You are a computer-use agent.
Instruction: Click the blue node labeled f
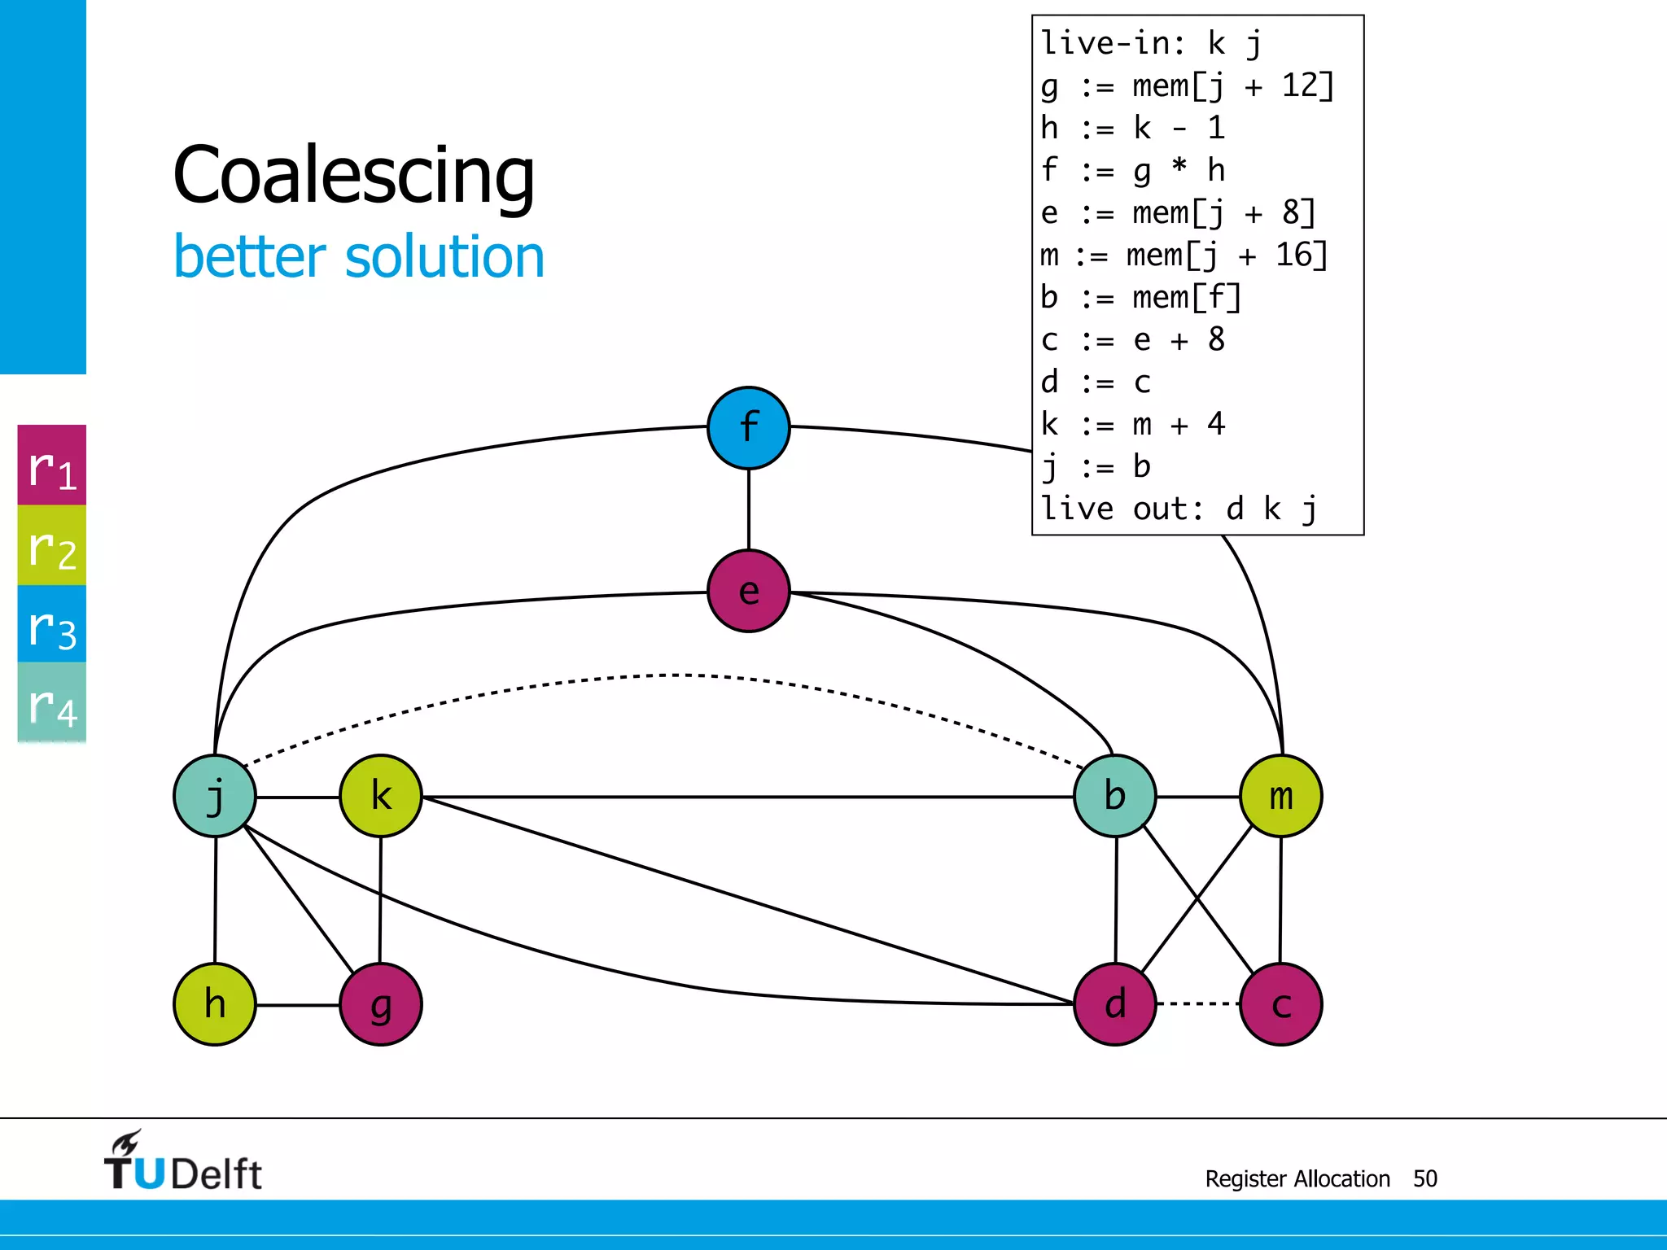coord(748,428)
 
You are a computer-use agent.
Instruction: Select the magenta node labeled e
coord(748,591)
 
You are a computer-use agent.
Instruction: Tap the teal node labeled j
coord(215,796)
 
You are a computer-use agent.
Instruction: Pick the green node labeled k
coord(380,796)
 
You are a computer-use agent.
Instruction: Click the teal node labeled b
coord(1114,796)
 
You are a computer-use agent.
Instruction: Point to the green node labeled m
coord(1280,796)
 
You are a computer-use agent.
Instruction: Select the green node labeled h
coord(215,1004)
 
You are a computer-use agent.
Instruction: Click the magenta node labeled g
coord(380,1004)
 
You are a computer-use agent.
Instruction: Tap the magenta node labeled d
coord(1114,1004)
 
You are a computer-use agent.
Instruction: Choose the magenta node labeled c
coord(1280,1004)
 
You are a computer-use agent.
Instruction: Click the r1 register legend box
coord(52,465)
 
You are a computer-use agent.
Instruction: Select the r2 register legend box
coord(52,545)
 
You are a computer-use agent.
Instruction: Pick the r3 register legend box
coord(52,624)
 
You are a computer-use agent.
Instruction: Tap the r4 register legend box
coord(52,702)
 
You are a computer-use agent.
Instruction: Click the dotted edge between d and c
coord(1197,1004)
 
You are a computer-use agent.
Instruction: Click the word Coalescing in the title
coord(354,175)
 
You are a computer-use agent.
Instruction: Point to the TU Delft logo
coord(183,1162)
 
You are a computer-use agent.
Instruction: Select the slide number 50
coord(1424,1178)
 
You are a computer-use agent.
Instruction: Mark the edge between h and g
coord(298,1005)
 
